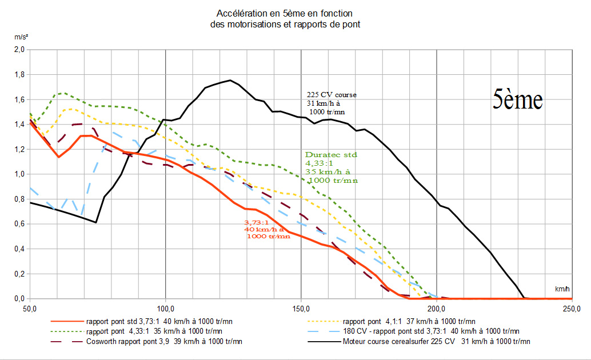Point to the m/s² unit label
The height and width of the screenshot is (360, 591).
(22, 37)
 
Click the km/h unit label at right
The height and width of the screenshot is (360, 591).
(562, 290)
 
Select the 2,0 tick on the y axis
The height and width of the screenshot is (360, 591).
(19, 50)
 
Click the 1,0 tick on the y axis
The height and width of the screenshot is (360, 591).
(19, 174)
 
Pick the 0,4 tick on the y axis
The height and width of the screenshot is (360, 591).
(19, 249)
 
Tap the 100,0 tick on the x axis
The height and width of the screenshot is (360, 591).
(165, 309)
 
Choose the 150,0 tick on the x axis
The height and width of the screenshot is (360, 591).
(301, 309)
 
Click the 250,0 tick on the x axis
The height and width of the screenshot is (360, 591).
(572, 309)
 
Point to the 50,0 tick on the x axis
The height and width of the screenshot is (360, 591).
(30, 309)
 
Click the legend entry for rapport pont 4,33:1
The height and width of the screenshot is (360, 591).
(154, 331)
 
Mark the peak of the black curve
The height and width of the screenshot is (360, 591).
(230, 80)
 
